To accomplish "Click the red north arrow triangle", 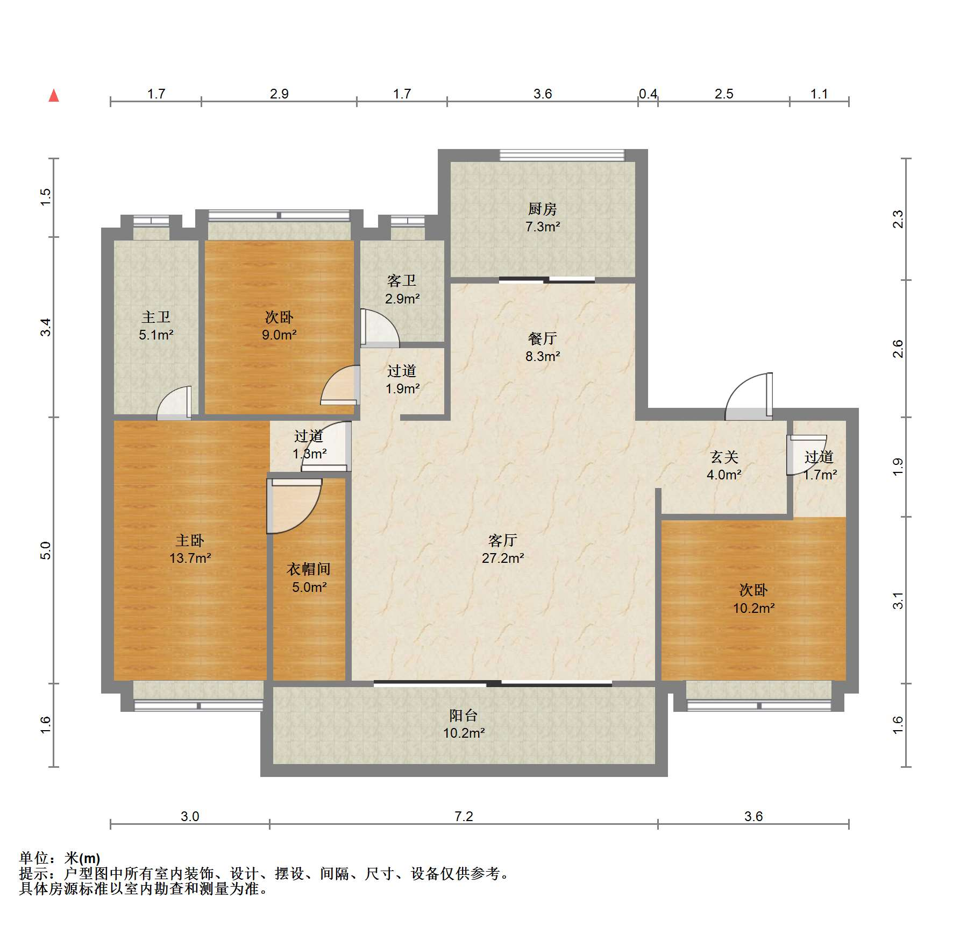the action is coord(54,96).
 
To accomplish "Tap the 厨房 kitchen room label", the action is coord(542,209).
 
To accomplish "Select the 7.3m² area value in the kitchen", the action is coord(543,227).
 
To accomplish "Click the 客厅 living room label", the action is coord(502,540).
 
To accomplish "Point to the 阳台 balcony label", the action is coord(464,715).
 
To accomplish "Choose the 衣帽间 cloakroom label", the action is coord(309,569).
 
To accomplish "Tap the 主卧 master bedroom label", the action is coord(190,540).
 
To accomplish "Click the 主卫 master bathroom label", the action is coord(156,317).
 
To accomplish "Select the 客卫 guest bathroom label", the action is coord(402,280).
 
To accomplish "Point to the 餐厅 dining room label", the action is coord(542,338).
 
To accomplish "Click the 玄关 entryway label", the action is coord(724,457).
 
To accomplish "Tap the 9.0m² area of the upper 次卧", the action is coord(279,335).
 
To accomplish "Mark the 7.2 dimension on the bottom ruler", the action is coord(464,816).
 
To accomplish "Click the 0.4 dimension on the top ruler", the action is coord(648,94).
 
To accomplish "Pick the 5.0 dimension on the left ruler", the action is coord(46,550).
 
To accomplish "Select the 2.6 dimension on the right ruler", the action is coord(898,349).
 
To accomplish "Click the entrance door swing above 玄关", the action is coord(749,397).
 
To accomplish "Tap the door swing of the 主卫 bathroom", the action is coord(174,402).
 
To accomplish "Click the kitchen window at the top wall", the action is coord(562,155).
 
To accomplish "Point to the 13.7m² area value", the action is coord(190,558).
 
